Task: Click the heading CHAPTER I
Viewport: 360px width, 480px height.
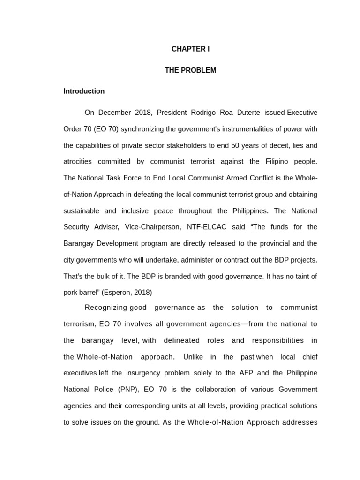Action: click(190, 49)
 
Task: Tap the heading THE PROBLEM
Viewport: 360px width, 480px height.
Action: click(190, 70)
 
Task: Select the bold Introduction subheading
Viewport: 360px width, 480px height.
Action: click(84, 91)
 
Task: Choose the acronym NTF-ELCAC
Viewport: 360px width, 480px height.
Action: click(206, 227)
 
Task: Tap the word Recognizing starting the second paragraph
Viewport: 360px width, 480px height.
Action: click(106, 307)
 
